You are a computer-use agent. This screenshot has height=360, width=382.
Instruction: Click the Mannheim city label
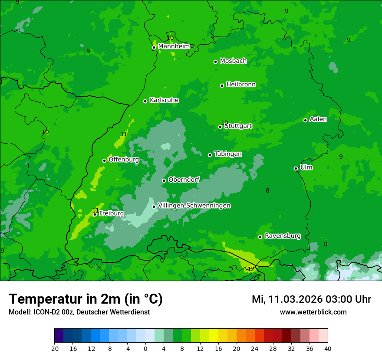(x=174, y=46)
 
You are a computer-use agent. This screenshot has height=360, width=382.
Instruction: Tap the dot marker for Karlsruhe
(x=145, y=101)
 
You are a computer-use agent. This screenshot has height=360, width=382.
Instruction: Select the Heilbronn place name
(x=241, y=85)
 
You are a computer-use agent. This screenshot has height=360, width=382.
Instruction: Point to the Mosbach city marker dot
(x=215, y=62)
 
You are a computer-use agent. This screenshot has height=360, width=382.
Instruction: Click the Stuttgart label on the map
(x=238, y=126)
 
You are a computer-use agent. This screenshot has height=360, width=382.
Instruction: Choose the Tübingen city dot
(x=210, y=155)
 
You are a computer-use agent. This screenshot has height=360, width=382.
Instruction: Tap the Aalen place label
(x=318, y=119)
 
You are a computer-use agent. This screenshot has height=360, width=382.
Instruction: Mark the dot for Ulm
(x=296, y=168)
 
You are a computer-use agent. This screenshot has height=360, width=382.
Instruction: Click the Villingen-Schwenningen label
(x=194, y=206)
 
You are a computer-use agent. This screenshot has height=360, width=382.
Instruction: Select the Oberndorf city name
(x=184, y=180)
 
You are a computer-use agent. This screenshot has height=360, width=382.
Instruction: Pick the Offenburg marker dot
(x=104, y=160)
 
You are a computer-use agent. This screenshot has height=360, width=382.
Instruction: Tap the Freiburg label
(x=111, y=214)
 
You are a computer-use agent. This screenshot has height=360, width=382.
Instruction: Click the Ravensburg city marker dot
(x=260, y=237)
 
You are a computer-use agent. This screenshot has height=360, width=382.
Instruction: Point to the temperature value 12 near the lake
(x=251, y=269)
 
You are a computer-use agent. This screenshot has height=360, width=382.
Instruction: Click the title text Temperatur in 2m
(x=86, y=299)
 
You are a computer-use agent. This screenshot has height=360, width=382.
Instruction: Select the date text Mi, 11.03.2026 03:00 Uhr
(x=311, y=299)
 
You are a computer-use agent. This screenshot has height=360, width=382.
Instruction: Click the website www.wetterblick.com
(x=313, y=312)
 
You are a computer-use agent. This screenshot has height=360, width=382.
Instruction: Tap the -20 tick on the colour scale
(x=54, y=349)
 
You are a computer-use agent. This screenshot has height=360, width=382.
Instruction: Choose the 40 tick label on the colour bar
(x=327, y=349)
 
